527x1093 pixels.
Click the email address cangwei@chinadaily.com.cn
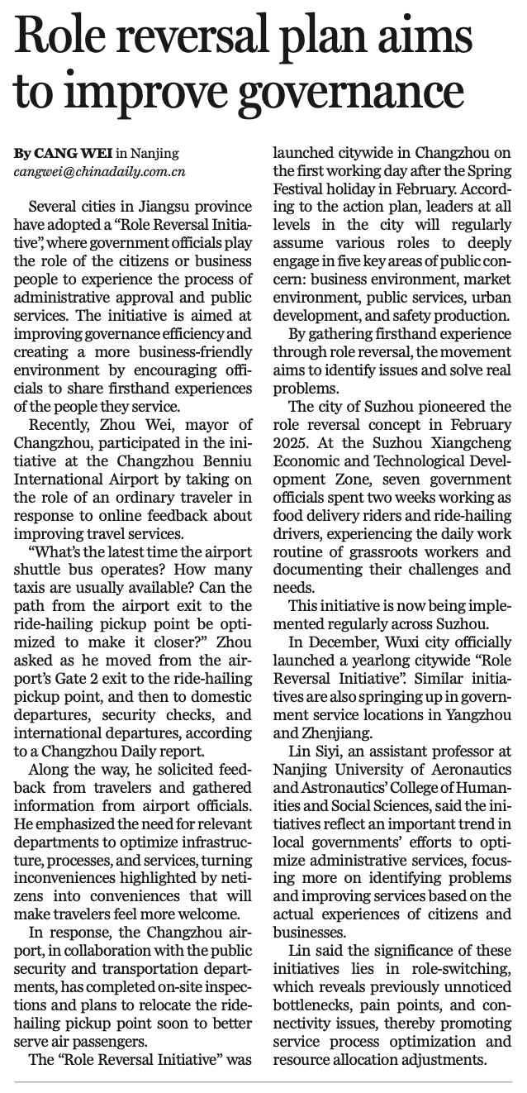click(x=99, y=172)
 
